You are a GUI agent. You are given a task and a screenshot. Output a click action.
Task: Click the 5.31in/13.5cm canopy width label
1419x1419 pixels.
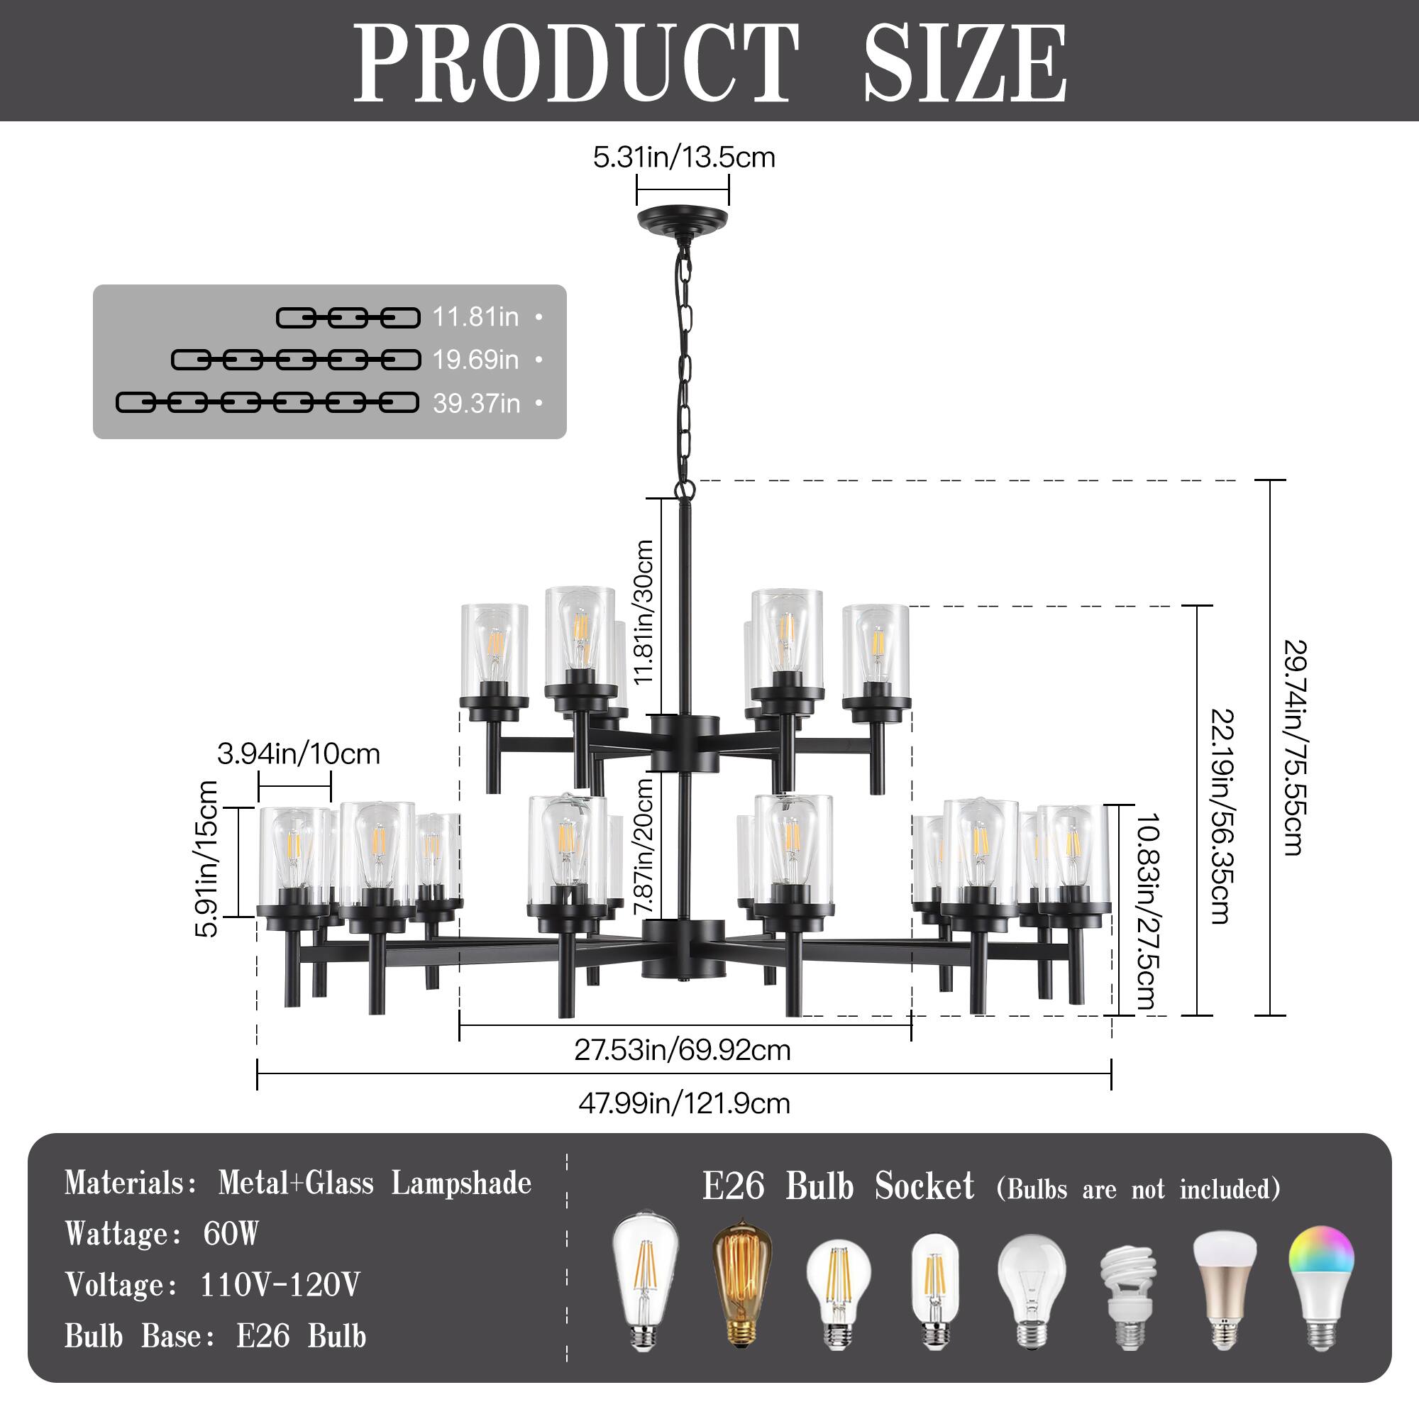click(x=684, y=158)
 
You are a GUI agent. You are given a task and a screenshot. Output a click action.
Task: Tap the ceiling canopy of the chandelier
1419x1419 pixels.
click(x=683, y=221)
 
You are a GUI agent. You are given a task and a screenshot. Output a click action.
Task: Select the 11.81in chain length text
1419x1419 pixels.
click(x=475, y=317)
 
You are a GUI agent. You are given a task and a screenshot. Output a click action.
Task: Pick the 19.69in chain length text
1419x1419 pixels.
click(x=475, y=360)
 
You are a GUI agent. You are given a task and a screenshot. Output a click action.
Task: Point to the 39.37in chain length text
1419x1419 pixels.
click(x=476, y=403)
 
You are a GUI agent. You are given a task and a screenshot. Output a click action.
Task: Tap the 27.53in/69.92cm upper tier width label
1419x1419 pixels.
click(x=683, y=1050)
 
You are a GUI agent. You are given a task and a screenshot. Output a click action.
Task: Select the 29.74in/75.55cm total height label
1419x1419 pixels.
click(x=1294, y=747)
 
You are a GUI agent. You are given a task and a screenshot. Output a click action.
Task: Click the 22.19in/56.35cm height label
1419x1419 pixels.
click(x=1220, y=815)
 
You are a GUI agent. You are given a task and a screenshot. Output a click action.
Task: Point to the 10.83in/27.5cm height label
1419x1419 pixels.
click(x=1147, y=910)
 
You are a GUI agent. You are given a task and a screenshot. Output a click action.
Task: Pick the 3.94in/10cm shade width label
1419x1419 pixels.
click(x=298, y=753)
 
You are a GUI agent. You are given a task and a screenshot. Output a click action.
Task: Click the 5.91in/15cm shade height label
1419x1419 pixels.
click(x=208, y=858)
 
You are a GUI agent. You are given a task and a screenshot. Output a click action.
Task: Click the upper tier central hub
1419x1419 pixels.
click(x=683, y=744)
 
